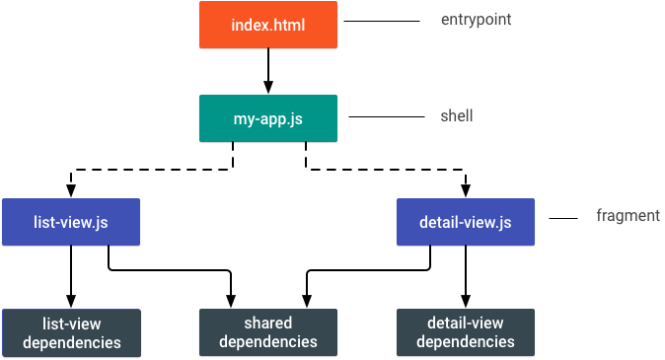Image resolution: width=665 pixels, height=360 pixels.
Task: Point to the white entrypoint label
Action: pyautogui.click(x=477, y=21)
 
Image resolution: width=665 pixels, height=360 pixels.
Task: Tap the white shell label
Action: pyautogui.click(x=457, y=115)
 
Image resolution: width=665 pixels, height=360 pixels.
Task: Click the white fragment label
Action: pyautogui.click(x=628, y=216)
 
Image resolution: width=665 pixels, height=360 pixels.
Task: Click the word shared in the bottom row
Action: pyautogui.click(x=267, y=324)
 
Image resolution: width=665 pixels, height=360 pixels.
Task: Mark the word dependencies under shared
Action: pyautogui.click(x=267, y=342)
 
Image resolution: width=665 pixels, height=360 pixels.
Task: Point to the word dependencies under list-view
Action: pyautogui.click(x=71, y=343)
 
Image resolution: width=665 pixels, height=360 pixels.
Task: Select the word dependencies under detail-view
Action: pyautogui.click(x=465, y=342)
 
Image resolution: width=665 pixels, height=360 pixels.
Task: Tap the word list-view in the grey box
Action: pyautogui.click(x=71, y=324)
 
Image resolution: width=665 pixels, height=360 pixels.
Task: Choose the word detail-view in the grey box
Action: pyautogui.click(x=465, y=324)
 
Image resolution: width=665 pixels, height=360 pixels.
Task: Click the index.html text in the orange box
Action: pyautogui.click(x=267, y=26)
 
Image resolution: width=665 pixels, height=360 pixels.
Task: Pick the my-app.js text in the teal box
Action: pyautogui.click(x=267, y=119)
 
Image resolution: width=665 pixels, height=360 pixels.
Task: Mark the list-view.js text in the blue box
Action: pyautogui.click(x=70, y=223)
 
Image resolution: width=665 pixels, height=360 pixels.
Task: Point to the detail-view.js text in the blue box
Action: pyautogui.click(x=465, y=223)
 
